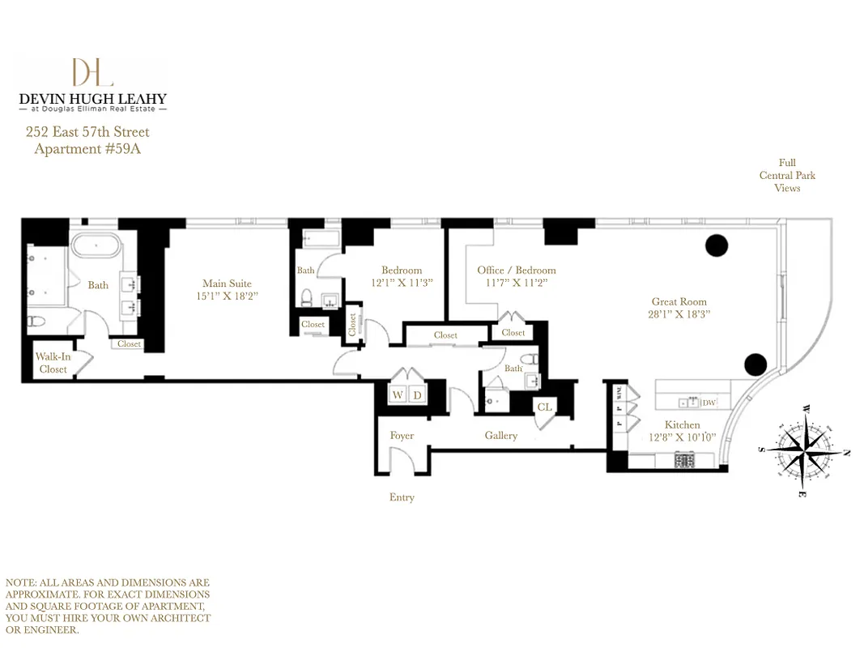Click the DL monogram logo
click(x=92, y=72)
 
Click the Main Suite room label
click(x=227, y=283)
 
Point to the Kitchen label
click(x=682, y=424)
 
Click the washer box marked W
click(x=398, y=395)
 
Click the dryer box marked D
click(x=418, y=395)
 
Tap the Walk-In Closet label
click(x=53, y=363)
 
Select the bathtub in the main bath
click(x=100, y=246)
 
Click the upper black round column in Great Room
click(x=717, y=245)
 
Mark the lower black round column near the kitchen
click(x=755, y=364)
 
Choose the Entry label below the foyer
click(x=402, y=497)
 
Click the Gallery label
click(x=501, y=436)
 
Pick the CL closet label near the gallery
click(x=544, y=407)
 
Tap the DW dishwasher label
click(x=709, y=403)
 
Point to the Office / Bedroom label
click(x=517, y=271)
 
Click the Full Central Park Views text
click(x=787, y=175)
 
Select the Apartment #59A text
click(x=87, y=149)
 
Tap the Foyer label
click(x=402, y=436)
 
